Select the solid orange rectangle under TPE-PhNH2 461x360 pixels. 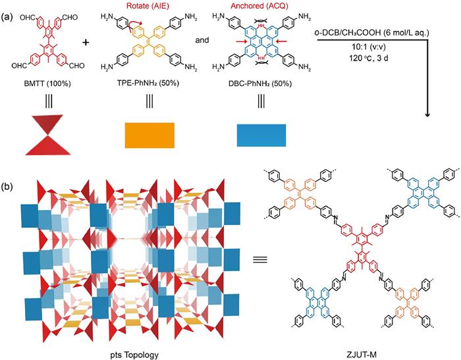(x=149, y=136)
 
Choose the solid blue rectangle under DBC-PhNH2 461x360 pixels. (x=261, y=136)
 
